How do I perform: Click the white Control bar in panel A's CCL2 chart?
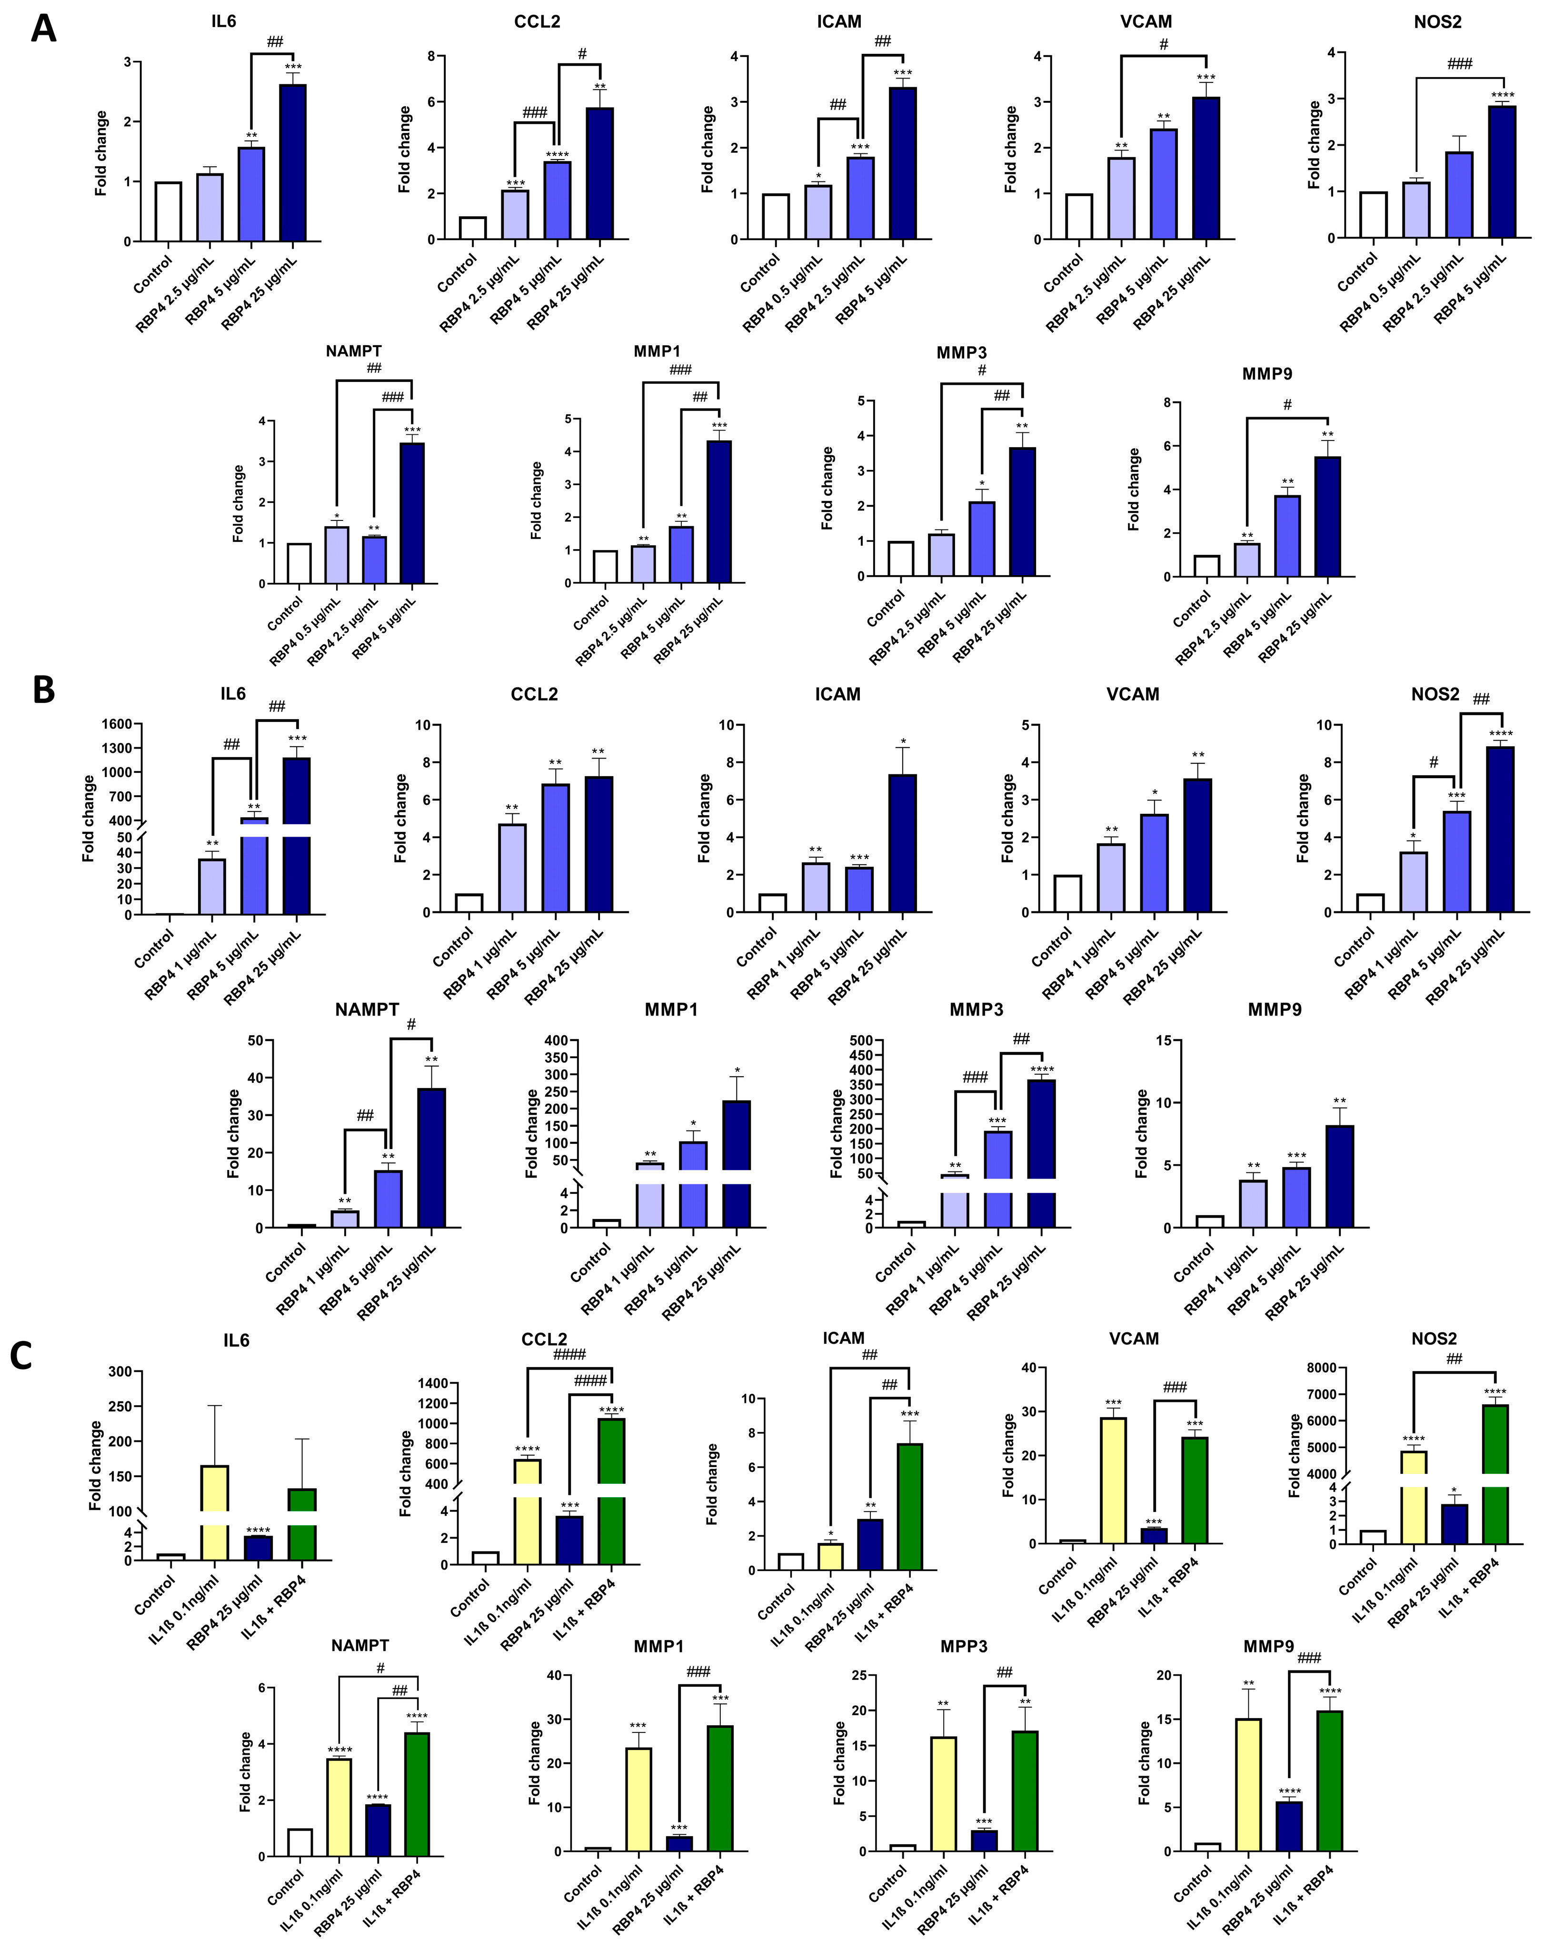[472, 228]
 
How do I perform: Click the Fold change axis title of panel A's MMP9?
[1134, 490]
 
